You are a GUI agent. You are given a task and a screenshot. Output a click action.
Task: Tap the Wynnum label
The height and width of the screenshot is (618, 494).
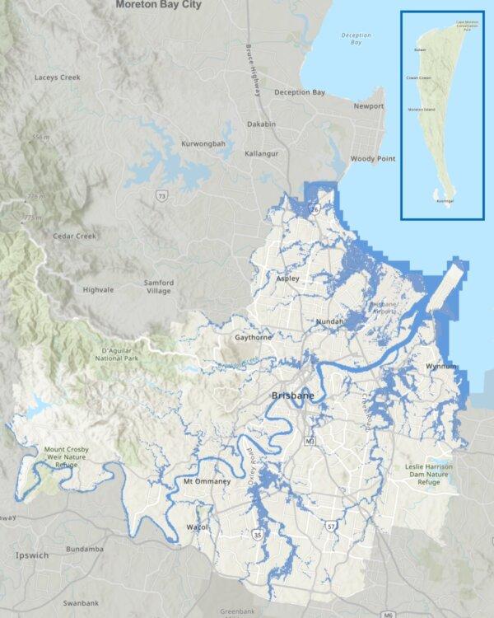pos(441,365)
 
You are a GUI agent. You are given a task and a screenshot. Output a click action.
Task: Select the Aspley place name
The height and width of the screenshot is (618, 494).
pos(288,279)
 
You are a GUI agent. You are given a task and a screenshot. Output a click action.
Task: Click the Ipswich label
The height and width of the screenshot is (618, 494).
pos(33,555)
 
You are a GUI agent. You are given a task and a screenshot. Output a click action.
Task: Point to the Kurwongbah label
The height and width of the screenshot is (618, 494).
pos(203,144)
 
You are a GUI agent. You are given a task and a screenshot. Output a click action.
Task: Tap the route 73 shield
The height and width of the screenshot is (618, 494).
pos(162,195)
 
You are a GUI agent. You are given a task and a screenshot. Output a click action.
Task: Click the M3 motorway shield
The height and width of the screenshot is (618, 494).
pos(310,442)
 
